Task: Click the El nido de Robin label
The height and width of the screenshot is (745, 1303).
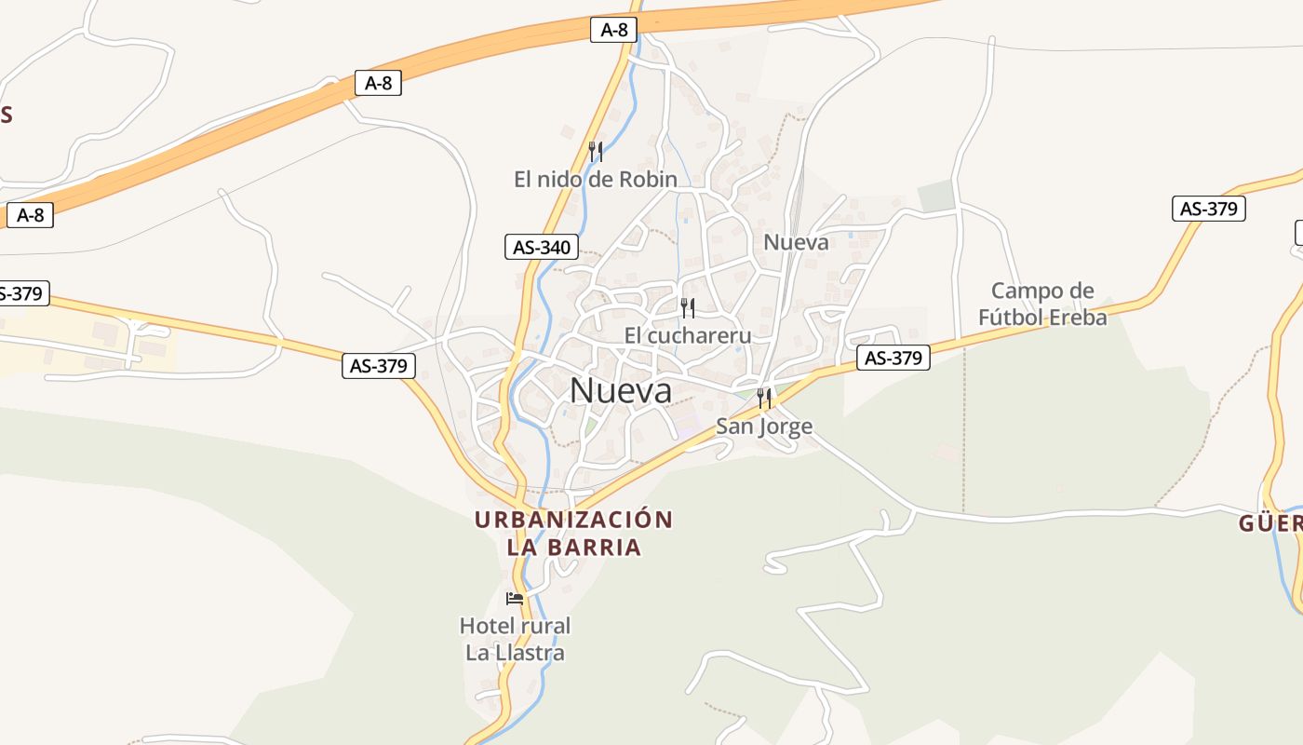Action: (596, 179)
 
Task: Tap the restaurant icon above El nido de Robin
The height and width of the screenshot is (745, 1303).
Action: (596, 151)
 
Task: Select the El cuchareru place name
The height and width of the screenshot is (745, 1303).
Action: (688, 335)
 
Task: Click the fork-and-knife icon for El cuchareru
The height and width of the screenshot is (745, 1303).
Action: (688, 308)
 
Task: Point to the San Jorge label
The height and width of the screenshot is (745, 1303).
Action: (764, 427)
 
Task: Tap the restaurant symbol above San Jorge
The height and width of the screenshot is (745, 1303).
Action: (764, 399)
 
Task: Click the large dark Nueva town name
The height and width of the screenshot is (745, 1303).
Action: (621, 390)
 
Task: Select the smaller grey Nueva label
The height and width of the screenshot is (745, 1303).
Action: (796, 242)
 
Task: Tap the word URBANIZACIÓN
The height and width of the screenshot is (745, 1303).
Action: (573, 520)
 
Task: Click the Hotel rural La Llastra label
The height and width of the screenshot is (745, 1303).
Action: (515, 639)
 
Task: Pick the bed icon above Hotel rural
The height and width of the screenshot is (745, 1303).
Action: (515, 598)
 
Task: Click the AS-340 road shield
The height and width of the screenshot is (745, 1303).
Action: (541, 247)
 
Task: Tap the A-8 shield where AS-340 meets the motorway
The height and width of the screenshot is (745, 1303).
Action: (613, 30)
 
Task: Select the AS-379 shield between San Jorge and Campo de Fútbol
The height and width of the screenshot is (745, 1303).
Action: (893, 358)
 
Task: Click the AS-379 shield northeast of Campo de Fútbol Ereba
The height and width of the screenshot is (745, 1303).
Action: (1209, 209)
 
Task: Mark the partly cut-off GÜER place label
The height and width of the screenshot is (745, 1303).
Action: (1269, 523)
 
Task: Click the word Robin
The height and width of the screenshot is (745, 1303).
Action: (649, 179)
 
